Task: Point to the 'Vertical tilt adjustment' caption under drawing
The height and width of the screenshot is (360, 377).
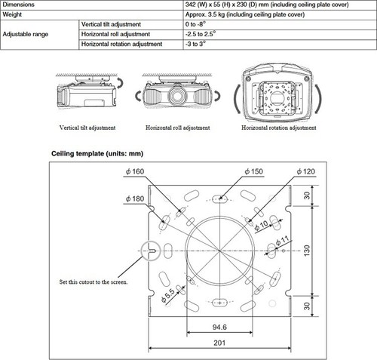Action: [x=83, y=128]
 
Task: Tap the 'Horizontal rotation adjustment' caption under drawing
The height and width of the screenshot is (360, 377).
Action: [x=278, y=128]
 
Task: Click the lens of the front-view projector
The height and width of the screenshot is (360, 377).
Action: [x=178, y=96]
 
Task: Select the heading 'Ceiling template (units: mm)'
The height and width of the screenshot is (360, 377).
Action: [x=97, y=154]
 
